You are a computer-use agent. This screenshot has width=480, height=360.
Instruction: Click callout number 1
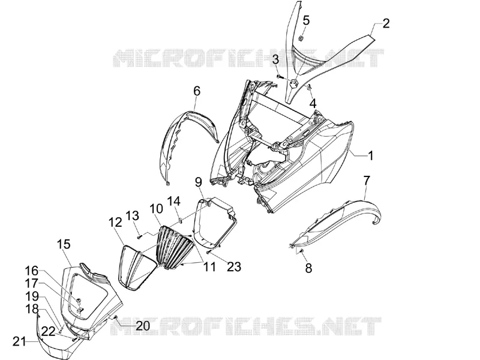pyautogui.click(x=371, y=155)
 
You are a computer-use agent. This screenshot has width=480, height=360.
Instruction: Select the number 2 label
pyautogui.click(x=386, y=23)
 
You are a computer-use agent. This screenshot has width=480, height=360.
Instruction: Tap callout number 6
pyautogui.click(x=197, y=91)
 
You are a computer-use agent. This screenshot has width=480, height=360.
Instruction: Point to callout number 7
pyautogui.click(x=367, y=181)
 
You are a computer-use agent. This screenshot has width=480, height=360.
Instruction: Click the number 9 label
pyautogui.click(x=199, y=182)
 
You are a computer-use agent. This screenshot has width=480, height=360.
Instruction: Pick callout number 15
pyautogui.click(x=64, y=244)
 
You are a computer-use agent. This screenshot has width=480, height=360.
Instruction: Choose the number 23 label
pyautogui.click(x=234, y=266)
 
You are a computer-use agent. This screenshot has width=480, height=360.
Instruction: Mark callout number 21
pyautogui.click(x=19, y=341)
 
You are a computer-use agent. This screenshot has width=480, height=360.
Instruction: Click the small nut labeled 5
pyautogui.click(x=301, y=38)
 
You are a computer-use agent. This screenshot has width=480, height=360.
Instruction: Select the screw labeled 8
pyautogui.click(x=301, y=251)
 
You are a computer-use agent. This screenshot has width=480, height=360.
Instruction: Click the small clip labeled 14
pyautogui.click(x=181, y=219)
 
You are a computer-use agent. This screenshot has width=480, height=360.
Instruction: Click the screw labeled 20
pyautogui.click(x=116, y=317)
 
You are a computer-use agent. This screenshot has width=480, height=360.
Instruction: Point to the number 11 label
pyautogui.click(x=209, y=266)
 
